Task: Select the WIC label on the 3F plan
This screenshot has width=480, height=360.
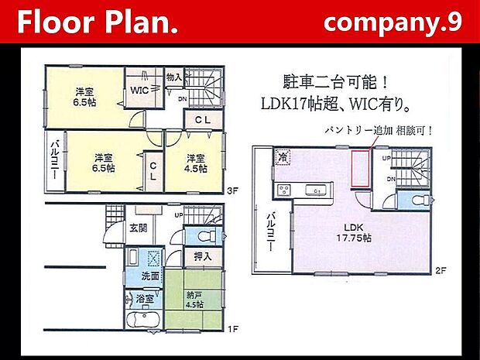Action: (139, 89)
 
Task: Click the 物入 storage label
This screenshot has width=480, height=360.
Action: (174, 77)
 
